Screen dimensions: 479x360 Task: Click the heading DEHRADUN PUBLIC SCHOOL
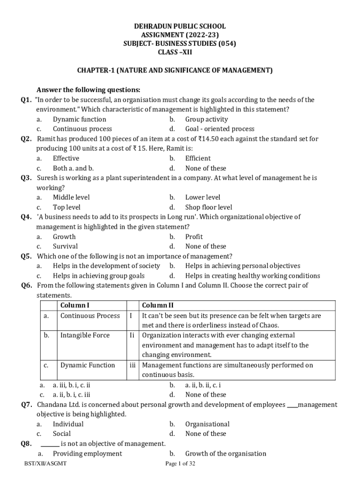click(x=180, y=26)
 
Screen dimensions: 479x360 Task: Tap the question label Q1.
click(x=26, y=100)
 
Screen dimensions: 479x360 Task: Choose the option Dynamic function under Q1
click(x=79, y=119)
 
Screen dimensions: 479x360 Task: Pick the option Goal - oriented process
click(x=220, y=129)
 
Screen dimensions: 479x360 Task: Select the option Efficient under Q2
click(x=198, y=158)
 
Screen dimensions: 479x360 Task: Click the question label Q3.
click(x=26, y=178)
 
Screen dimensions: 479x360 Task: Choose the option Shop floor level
click(x=209, y=207)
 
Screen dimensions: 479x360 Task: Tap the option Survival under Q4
click(x=65, y=246)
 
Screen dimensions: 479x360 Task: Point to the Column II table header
click(x=158, y=305)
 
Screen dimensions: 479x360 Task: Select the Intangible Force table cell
click(x=85, y=335)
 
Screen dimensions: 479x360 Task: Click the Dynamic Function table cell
click(x=87, y=365)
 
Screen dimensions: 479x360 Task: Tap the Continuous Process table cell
click(x=90, y=316)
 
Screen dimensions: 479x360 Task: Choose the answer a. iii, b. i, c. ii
click(x=71, y=385)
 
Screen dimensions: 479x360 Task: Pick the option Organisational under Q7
click(x=207, y=424)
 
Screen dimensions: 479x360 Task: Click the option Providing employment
click(x=87, y=453)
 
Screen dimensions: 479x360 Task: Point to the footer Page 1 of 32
click(x=180, y=464)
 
